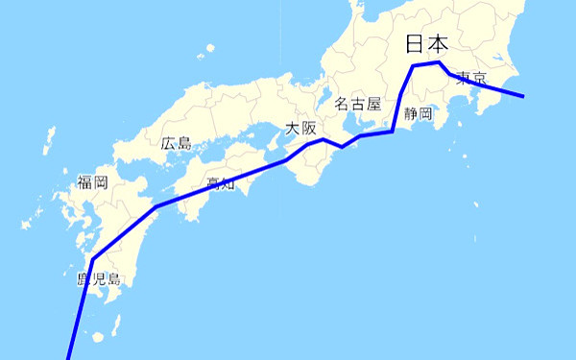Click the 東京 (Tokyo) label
click(x=471, y=78)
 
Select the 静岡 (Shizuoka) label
click(x=419, y=114)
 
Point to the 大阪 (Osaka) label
click(x=300, y=129)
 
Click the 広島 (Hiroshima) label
click(x=177, y=143)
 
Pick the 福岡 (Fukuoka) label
click(x=92, y=181)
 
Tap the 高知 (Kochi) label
click(x=221, y=182)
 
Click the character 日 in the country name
click(x=414, y=44)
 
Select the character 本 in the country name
click(x=438, y=44)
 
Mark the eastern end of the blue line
click(x=523, y=96)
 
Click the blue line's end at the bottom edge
click(x=68, y=358)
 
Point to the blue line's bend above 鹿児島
click(x=92, y=259)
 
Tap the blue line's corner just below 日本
click(x=413, y=65)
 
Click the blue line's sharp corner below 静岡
click(x=393, y=131)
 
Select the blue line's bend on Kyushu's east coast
click(x=155, y=206)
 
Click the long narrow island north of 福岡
click(x=47, y=142)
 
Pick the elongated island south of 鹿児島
click(x=97, y=336)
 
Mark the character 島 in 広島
click(x=184, y=143)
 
